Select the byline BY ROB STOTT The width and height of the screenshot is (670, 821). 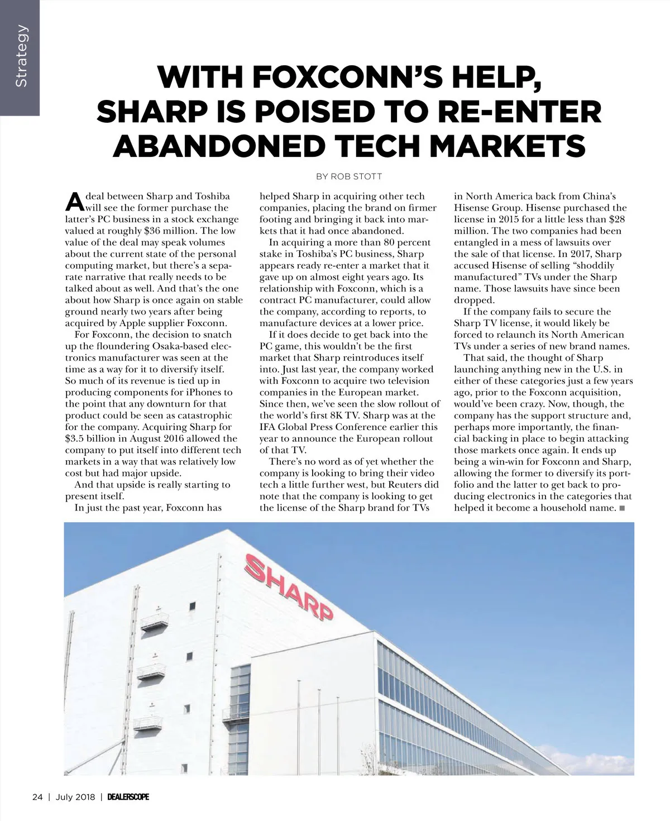tap(349, 176)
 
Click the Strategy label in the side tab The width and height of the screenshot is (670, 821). tap(21, 56)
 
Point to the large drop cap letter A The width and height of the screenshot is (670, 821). tap(74, 200)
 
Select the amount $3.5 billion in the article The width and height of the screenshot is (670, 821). tap(97, 438)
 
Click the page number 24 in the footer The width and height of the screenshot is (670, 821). tap(37, 797)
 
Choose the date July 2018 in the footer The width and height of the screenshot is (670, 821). tap(75, 797)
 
